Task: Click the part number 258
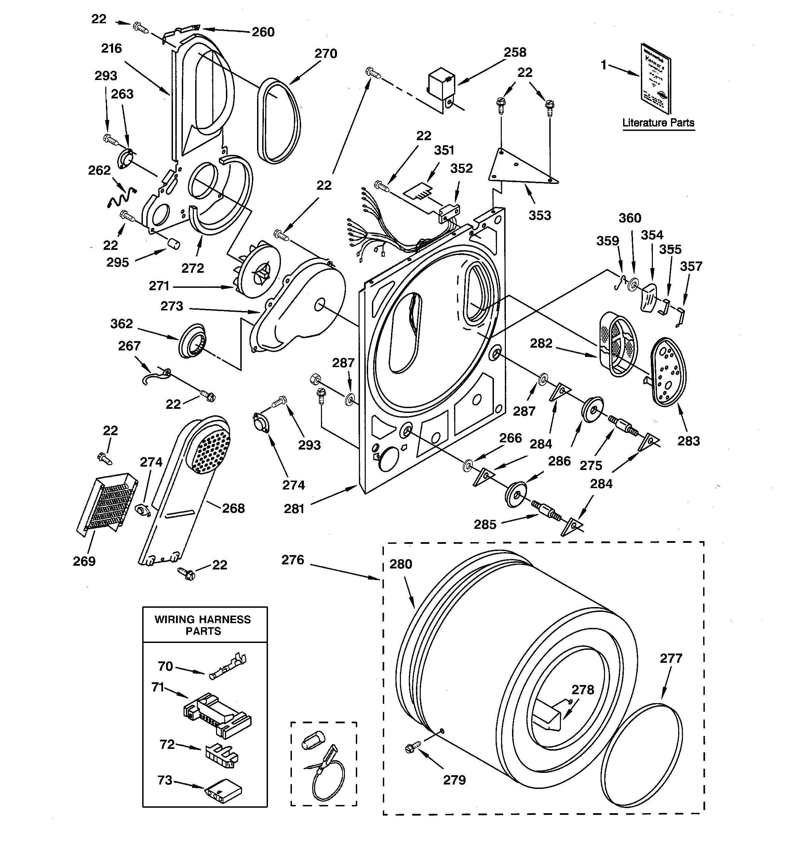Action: [x=515, y=52]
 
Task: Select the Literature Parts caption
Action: [x=658, y=123]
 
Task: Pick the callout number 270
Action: [x=326, y=54]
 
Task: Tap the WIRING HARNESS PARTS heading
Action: [x=203, y=625]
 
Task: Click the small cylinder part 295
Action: [x=173, y=244]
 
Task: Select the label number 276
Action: [x=293, y=560]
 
